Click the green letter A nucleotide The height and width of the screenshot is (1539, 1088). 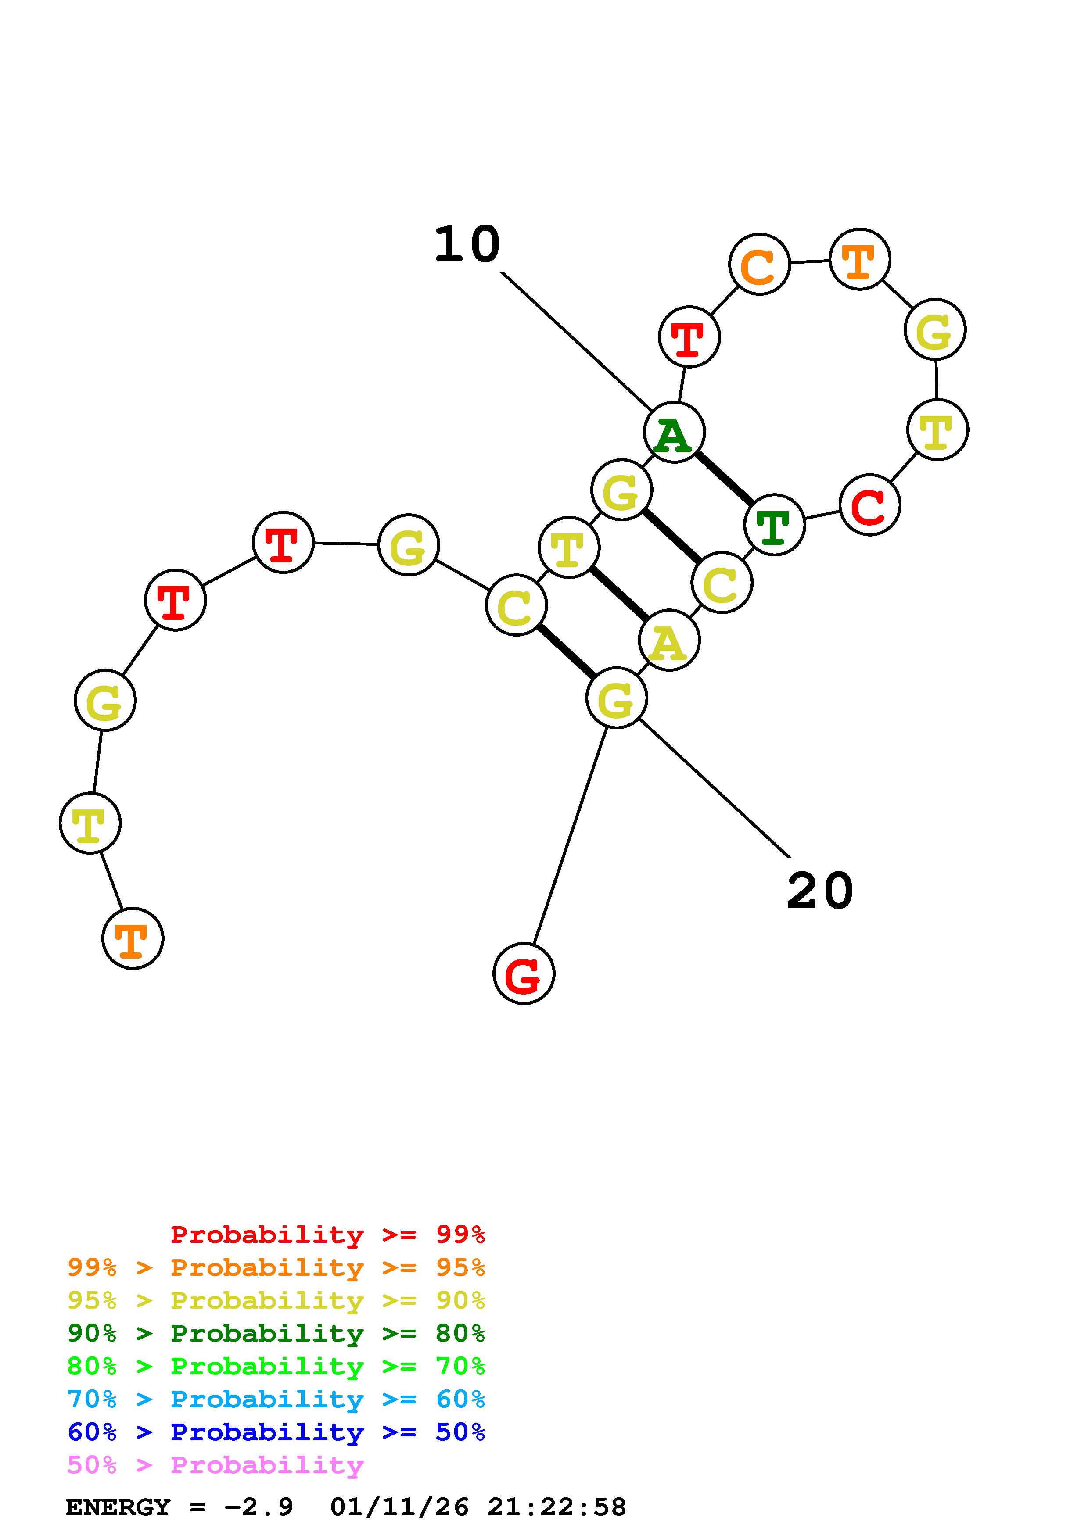tap(674, 432)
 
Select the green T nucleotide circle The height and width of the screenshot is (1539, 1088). tap(774, 525)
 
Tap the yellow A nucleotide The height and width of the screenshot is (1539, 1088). tap(669, 641)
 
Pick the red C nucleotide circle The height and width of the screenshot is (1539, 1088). tap(869, 505)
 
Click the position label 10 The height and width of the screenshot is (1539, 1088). tap(467, 245)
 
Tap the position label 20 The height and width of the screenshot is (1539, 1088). tap(819, 891)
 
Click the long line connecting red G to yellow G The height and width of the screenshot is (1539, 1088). tap(570, 834)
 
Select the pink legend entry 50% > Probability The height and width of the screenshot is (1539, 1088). tap(215, 1465)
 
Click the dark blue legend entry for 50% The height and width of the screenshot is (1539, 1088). tap(276, 1432)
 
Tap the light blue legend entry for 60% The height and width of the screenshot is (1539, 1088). tap(276, 1399)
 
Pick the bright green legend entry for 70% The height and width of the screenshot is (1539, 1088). tap(276, 1366)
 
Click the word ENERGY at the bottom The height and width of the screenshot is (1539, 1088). tap(118, 1507)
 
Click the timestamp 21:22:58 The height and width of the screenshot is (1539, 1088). tap(557, 1507)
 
